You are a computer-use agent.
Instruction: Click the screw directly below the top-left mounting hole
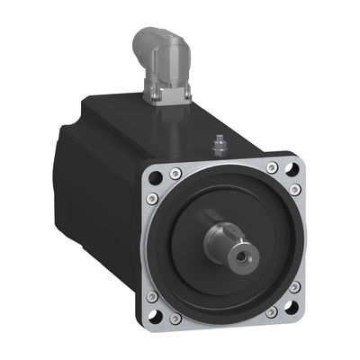[152, 198]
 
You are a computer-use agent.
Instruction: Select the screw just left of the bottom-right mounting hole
[271, 311]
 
